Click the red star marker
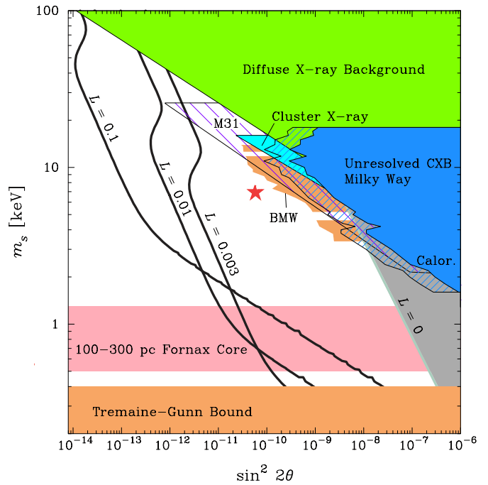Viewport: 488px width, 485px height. click(255, 192)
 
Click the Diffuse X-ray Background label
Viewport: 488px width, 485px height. click(333, 70)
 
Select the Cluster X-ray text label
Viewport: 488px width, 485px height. click(320, 116)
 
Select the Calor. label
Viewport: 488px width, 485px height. click(436, 260)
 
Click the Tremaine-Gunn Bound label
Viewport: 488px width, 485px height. click(172, 412)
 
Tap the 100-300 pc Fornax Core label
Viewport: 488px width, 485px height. click(162, 350)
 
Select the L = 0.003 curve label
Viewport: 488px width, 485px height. click(221, 244)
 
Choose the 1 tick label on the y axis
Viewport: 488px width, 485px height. click(57, 324)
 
